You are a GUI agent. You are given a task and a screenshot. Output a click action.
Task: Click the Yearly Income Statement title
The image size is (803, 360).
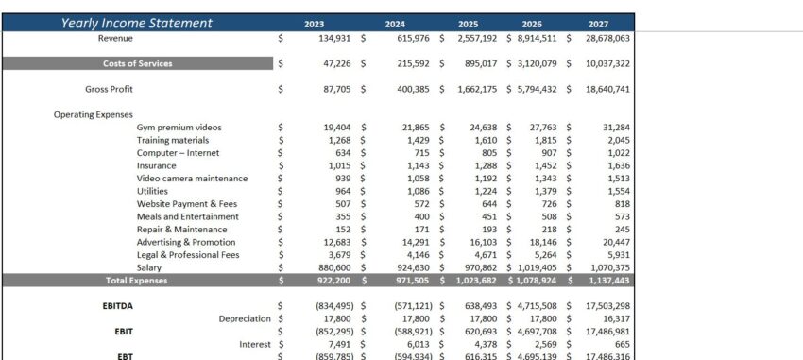pyautogui.click(x=137, y=23)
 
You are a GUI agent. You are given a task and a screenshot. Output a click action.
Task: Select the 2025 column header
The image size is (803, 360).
pyautogui.click(x=468, y=24)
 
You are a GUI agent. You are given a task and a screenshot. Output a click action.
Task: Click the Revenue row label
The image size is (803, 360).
pyautogui.click(x=115, y=38)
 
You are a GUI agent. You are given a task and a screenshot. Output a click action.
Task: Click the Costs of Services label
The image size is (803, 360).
pyautogui.click(x=138, y=63)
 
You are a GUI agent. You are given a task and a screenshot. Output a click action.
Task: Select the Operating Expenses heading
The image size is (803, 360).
pyautogui.click(x=94, y=114)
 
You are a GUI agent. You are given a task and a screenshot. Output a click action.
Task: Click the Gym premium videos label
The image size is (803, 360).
pyautogui.click(x=179, y=128)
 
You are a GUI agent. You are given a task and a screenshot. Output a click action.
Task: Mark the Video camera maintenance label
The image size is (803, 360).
pyautogui.click(x=192, y=179)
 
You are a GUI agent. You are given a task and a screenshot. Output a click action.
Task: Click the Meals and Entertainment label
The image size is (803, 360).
pyautogui.click(x=186, y=216)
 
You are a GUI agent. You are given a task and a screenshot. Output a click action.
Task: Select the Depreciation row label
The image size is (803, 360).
pyautogui.click(x=245, y=318)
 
